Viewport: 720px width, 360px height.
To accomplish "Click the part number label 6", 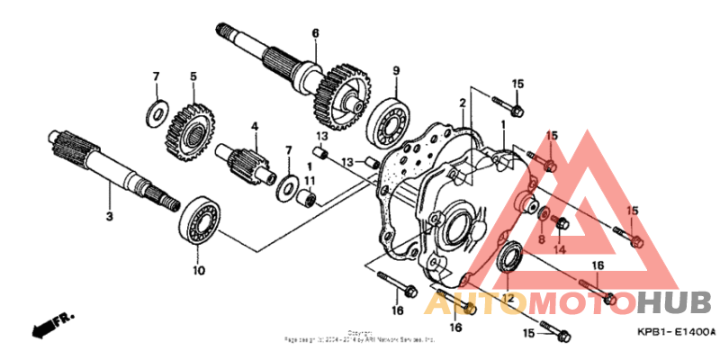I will pos(316,34).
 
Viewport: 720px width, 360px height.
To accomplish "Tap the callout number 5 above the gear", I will pos(192,76).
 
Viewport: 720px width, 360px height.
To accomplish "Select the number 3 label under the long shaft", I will pos(109,217).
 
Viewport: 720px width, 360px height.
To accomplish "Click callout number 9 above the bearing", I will pos(395,70).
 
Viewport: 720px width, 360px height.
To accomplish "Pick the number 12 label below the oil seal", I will pos(507,299).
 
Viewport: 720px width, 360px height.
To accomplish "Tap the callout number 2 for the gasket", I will pos(462,103).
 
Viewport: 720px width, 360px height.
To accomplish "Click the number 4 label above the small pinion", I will pos(255,126).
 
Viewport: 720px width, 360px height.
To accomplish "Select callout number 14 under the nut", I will pos(559,249).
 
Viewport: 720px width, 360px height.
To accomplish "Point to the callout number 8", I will pos(542,240).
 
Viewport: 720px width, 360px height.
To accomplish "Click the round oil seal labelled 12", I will pos(510,257).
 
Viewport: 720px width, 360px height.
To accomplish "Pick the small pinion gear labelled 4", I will pos(247,163).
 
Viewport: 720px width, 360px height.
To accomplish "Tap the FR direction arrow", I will pos(53,325).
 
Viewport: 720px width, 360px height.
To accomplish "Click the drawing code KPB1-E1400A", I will pos(676,331).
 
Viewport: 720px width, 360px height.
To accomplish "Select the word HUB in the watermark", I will pos(675,302).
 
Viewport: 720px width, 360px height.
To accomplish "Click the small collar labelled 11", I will pos(308,195).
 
